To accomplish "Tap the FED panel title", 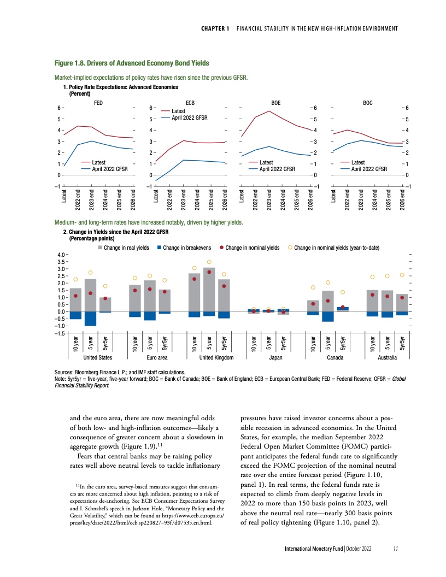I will pyautogui.click(x=99, y=102).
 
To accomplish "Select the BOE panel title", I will pyautogui.click(x=276, y=102).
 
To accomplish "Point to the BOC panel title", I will pyautogui.click(x=368, y=102).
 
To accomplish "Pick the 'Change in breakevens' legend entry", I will pyautogui.click(x=185, y=248).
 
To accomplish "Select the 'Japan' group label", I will pyautogui.click(x=268, y=357).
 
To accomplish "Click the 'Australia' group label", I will pyautogui.click(x=387, y=357).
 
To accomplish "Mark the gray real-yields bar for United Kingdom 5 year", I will pyautogui.click(x=209, y=290).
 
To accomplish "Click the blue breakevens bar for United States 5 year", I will pyautogui.click(x=91, y=319).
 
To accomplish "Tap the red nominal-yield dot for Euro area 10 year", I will pyautogui.click(x=135, y=290).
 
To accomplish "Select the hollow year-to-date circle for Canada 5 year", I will pyautogui.click(x=328, y=282).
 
